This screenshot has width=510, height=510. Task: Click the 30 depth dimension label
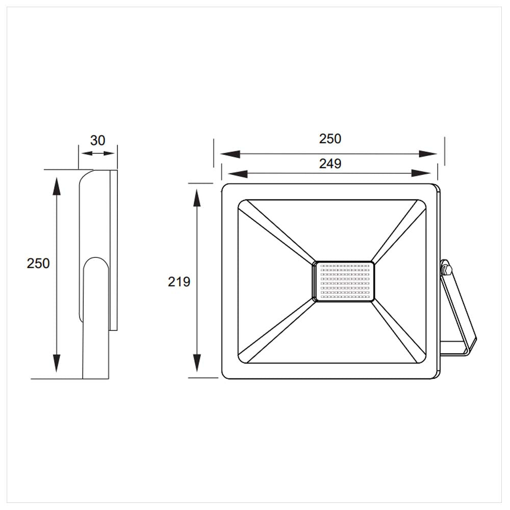tap(97, 140)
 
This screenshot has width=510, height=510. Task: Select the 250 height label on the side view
tap(38, 264)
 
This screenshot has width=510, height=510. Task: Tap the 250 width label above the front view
tap(330, 138)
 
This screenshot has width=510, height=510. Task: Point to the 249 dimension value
tap(330, 164)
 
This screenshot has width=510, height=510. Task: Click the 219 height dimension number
tap(179, 282)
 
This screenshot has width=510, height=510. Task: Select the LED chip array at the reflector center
tap(343, 282)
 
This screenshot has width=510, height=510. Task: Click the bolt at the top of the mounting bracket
tap(446, 268)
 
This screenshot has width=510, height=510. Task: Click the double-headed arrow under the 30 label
tap(97, 153)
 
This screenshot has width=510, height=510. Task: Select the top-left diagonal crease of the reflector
tap(278, 233)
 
